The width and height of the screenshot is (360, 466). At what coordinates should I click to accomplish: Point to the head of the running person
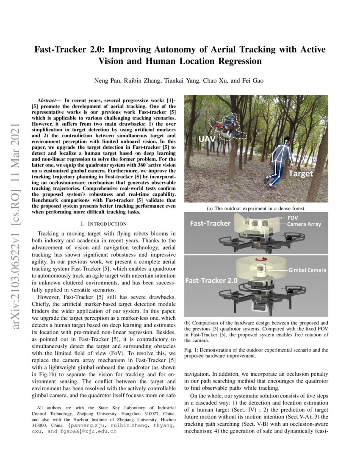tap(287, 139)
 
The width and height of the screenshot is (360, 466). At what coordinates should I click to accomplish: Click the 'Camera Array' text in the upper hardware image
tap(304, 225)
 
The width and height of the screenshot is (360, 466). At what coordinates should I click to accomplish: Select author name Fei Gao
tap(253, 81)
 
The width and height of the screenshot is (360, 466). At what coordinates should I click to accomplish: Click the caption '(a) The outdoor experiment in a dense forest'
tap(256, 208)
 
